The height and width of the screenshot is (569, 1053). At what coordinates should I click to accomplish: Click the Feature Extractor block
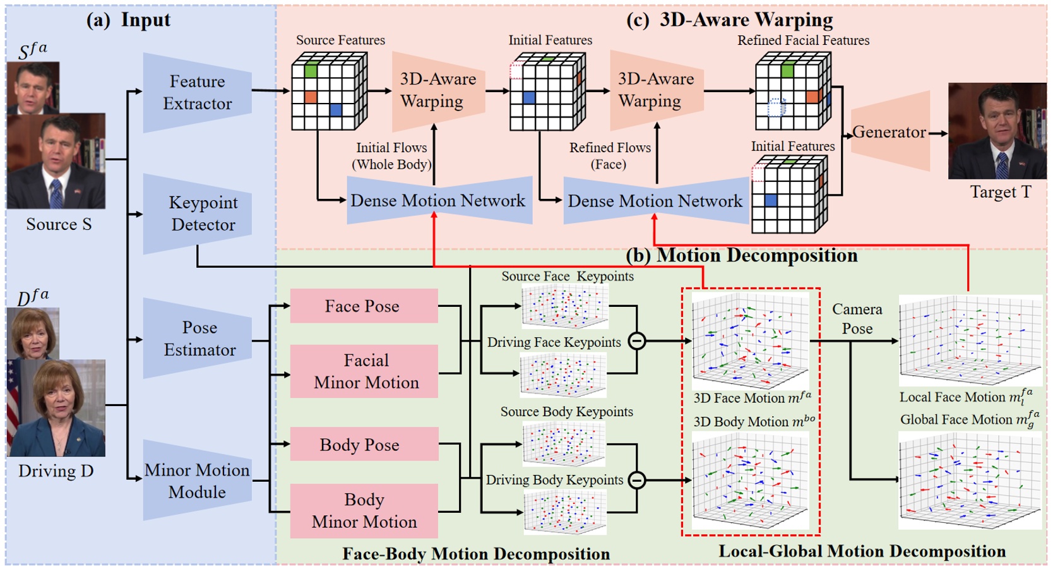(198, 93)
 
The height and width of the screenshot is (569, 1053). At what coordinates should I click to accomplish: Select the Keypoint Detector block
(198, 214)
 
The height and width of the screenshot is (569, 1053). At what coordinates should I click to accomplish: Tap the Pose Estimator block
(198, 338)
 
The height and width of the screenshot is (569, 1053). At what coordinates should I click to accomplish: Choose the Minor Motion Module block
(198, 480)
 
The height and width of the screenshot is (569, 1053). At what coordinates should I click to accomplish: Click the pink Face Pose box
(364, 306)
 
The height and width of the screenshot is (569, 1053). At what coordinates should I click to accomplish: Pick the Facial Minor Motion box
(364, 371)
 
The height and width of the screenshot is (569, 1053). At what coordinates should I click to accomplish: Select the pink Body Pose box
(364, 444)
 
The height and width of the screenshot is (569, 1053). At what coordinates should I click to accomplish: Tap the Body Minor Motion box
(364, 511)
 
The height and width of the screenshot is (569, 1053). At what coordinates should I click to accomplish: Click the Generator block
(890, 131)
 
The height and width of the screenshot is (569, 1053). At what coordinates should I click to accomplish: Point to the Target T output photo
(997, 131)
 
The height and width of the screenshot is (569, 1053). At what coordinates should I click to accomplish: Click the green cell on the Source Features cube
(311, 71)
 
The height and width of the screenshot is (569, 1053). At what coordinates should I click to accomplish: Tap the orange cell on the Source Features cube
(311, 97)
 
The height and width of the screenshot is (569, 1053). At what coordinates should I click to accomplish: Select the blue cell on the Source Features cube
(336, 110)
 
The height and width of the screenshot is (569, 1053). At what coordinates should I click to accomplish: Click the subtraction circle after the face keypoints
(637, 341)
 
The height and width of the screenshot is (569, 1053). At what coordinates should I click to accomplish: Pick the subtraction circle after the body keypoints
(637, 480)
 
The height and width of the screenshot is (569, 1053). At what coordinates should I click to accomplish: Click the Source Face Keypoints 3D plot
(565, 306)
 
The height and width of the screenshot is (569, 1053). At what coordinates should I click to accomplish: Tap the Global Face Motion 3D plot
(970, 481)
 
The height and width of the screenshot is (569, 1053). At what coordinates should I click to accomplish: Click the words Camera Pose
(857, 319)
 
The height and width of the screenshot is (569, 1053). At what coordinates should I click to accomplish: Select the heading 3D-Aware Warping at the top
(746, 20)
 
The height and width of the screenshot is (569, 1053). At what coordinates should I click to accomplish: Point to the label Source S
(59, 224)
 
